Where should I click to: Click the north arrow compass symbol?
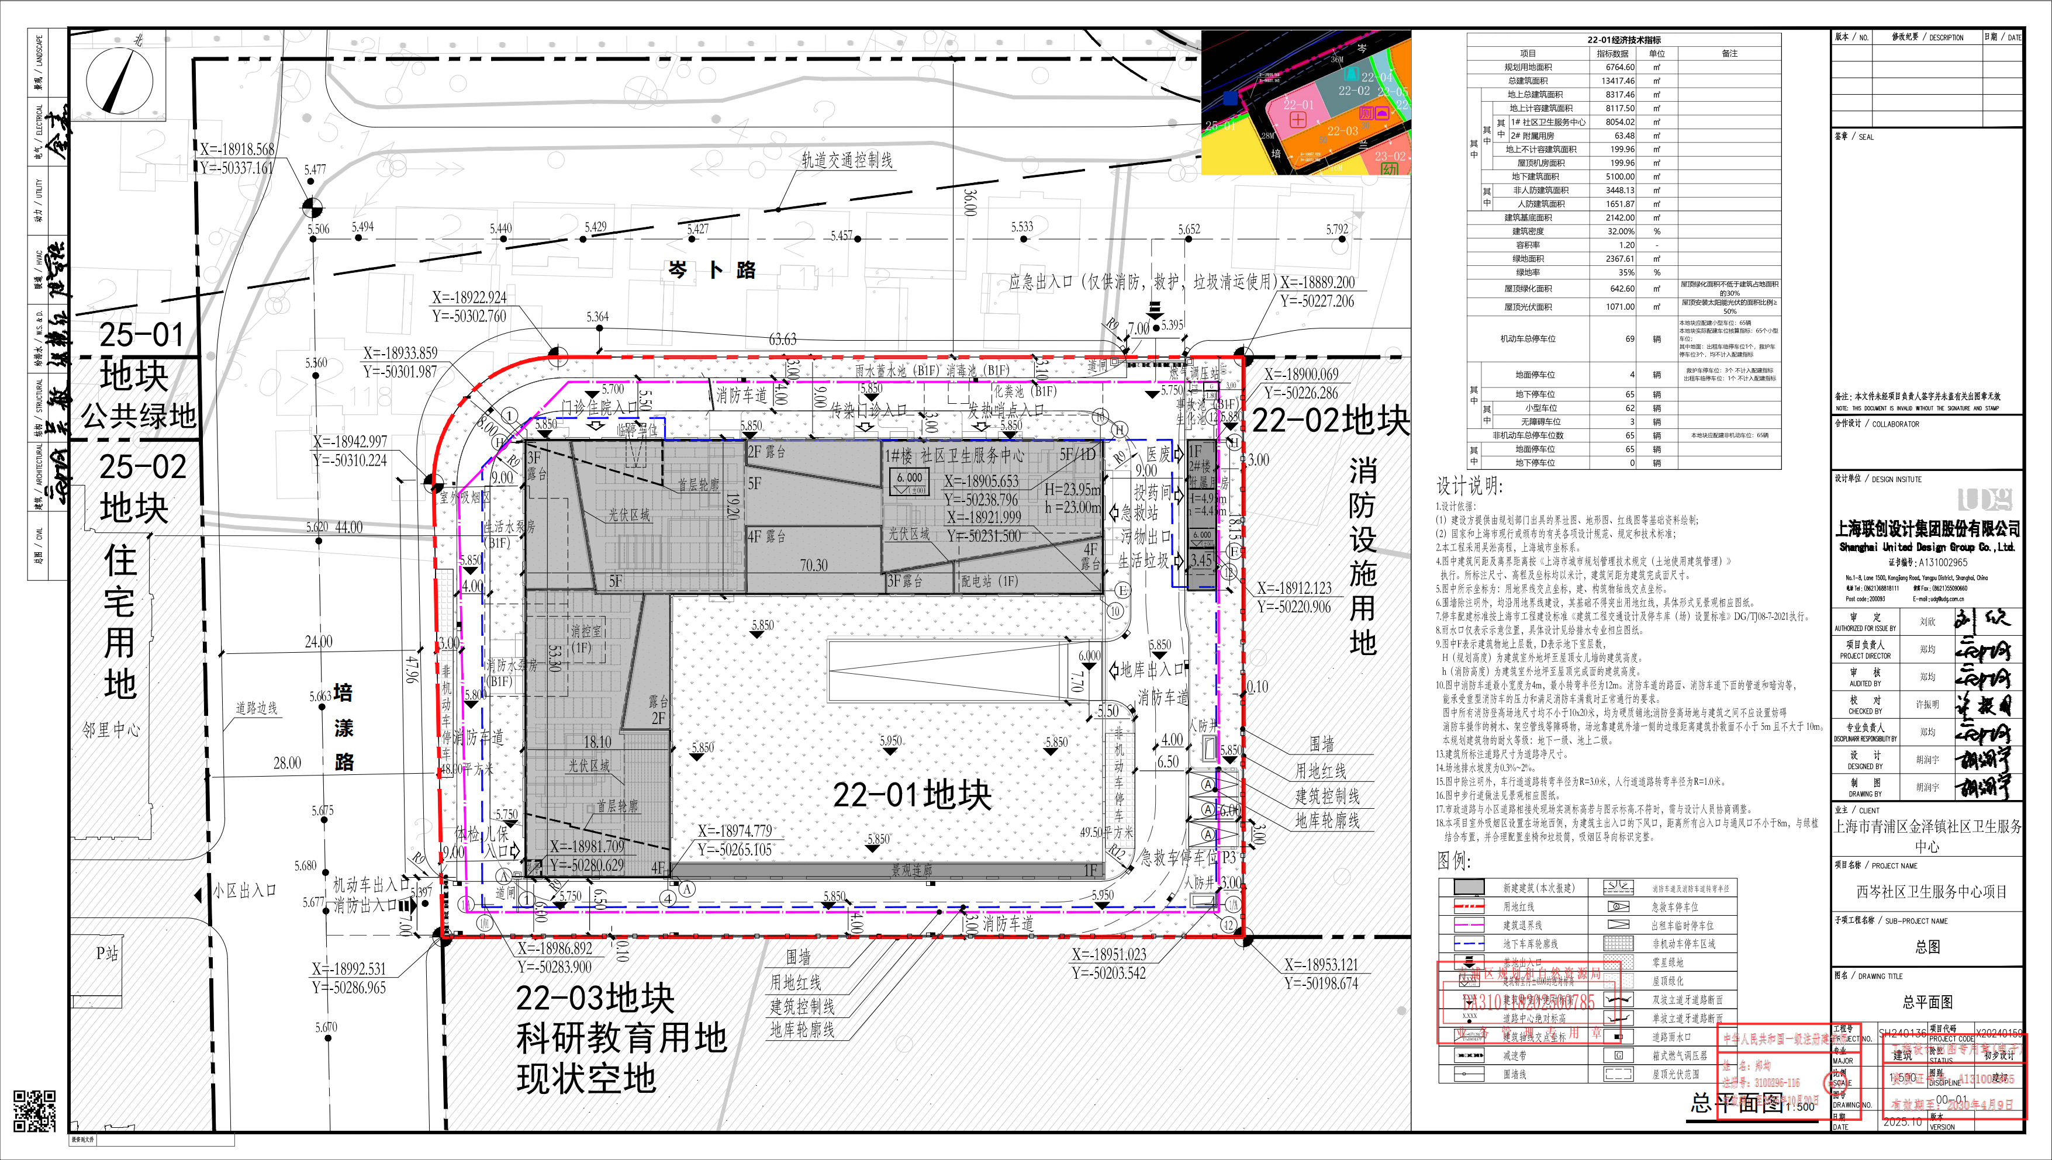coord(119,82)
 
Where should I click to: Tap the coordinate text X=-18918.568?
coord(237,149)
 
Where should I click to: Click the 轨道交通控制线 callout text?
coord(847,160)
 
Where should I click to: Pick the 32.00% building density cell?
coord(1620,231)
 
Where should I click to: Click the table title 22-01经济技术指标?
coord(1623,40)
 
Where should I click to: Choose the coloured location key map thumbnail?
coord(1305,103)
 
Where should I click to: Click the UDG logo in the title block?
coord(1984,500)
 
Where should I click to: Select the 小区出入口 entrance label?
coord(244,891)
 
